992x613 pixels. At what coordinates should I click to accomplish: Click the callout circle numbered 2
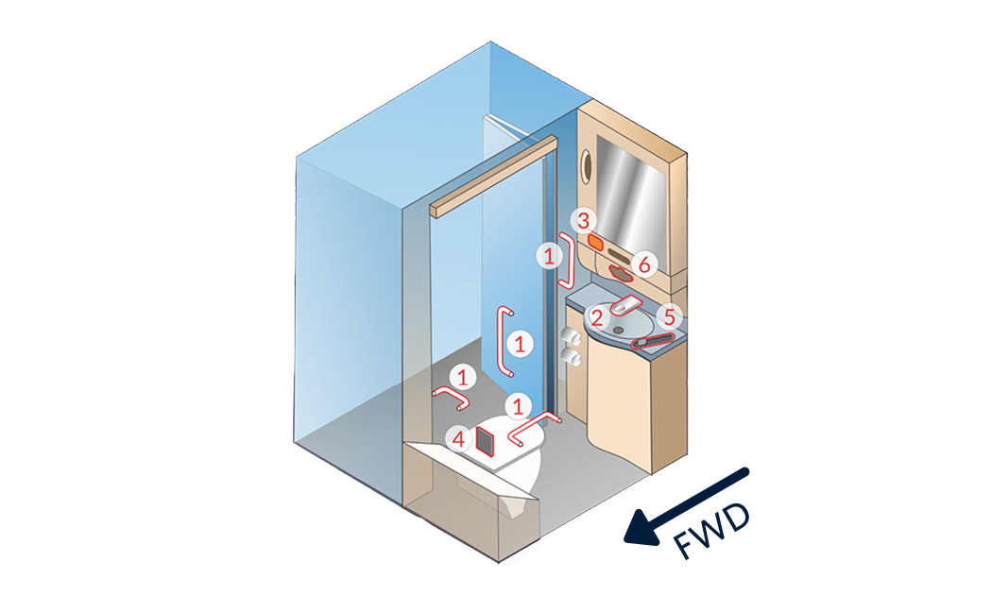coord(597,317)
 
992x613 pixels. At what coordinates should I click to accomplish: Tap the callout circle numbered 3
coord(583,221)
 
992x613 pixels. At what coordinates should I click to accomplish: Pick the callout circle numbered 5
coord(669,317)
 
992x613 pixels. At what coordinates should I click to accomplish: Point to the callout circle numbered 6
coord(644,264)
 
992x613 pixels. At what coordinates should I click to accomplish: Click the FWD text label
coord(711,530)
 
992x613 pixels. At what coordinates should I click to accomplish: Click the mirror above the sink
coord(631,196)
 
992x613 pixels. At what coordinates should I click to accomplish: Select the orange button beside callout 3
coord(596,241)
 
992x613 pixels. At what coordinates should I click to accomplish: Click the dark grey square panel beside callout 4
coord(486,441)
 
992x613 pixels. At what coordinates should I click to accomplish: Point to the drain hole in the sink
coord(618,331)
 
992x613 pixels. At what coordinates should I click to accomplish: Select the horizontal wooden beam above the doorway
coord(493,177)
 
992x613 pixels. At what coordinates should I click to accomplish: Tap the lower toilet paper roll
coord(573,359)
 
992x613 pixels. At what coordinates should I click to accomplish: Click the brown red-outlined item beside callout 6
coord(621,274)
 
